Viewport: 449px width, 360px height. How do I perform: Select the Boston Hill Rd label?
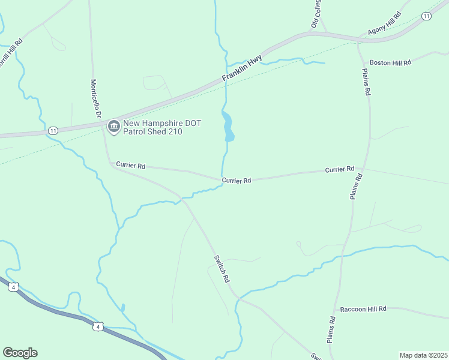(x=390, y=62)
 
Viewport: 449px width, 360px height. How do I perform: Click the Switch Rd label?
(x=221, y=269)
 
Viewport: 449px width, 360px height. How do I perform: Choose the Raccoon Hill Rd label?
(x=363, y=308)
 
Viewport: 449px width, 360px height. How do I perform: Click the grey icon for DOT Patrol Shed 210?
(x=113, y=126)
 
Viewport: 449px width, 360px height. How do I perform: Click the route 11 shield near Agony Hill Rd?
(x=426, y=16)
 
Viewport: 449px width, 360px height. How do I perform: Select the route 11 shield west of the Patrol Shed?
(x=53, y=130)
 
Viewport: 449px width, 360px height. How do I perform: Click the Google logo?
(x=20, y=352)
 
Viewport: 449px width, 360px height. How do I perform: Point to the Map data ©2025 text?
(x=423, y=355)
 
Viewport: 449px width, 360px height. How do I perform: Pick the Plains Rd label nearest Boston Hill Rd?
(x=366, y=82)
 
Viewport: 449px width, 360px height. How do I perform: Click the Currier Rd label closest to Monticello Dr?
(x=131, y=165)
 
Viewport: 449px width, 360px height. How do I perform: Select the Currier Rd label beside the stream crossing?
(x=236, y=180)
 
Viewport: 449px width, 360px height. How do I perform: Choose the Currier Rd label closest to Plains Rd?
(x=340, y=170)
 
